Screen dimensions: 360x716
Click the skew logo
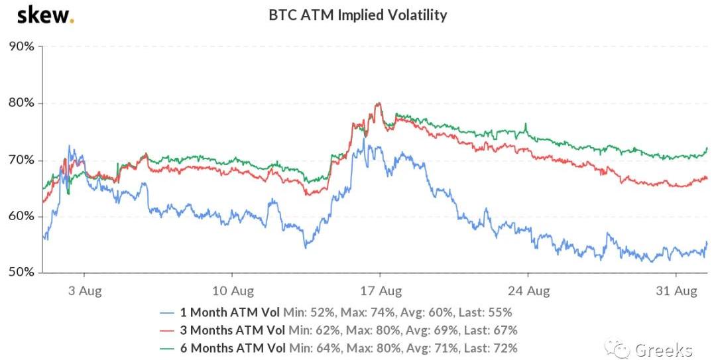click(x=45, y=15)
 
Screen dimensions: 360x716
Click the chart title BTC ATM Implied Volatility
click(x=357, y=15)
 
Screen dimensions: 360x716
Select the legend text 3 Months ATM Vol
click(x=233, y=330)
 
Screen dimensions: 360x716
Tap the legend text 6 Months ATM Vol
click(x=233, y=347)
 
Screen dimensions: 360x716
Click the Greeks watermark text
click(x=663, y=349)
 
